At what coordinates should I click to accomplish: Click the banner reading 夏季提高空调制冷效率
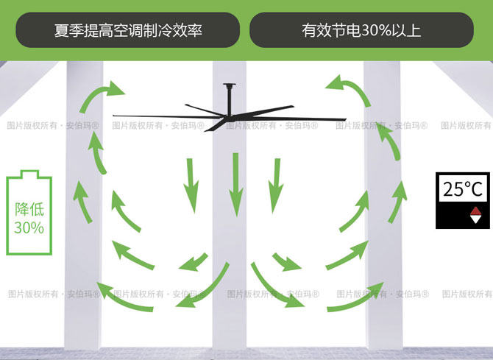[128, 30]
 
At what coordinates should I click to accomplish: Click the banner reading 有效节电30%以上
[361, 30]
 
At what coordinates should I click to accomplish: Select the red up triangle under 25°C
[475, 211]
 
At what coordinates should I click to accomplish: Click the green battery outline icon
[29, 213]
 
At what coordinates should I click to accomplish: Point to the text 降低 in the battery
[29, 208]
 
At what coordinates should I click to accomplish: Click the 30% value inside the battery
[29, 227]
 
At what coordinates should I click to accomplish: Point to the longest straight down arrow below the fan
[235, 184]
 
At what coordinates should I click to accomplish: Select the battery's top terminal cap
[29, 174]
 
